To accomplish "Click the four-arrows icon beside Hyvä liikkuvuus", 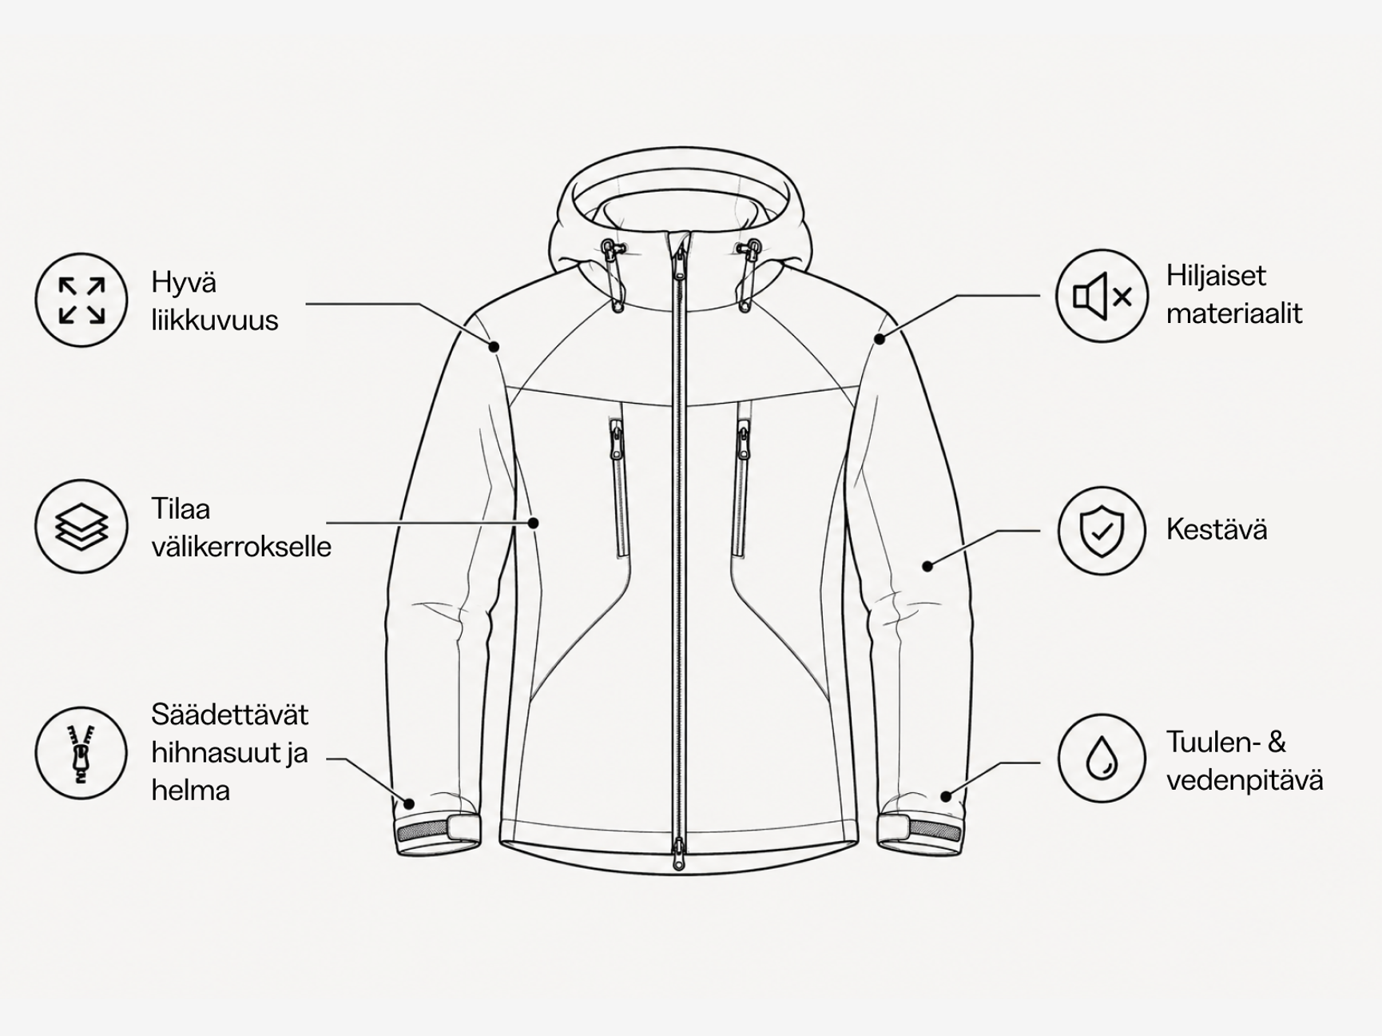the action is [x=81, y=300].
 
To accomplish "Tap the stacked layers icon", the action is [x=81, y=526].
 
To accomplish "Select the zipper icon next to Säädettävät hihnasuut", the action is [x=81, y=753].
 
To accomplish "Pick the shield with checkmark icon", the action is [x=1102, y=530].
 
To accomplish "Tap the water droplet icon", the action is [x=1102, y=758].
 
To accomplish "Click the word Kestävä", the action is [x=1217, y=529].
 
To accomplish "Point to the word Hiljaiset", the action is [x=1216, y=276].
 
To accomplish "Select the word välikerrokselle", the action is [x=241, y=547].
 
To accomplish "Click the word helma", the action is [x=191, y=791].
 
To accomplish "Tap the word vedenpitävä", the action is [x=1245, y=781].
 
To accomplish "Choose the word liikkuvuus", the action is [x=215, y=321].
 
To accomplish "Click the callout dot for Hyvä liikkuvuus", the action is [x=494, y=346].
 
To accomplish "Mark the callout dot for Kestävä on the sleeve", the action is [x=927, y=566].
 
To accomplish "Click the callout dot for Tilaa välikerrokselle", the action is [x=534, y=523].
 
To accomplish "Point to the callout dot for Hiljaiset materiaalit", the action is [x=880, y=339].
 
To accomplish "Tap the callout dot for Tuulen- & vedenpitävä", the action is [x=946, y=796].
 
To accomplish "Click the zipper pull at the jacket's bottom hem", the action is [x=678, y=854].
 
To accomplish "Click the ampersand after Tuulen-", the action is [x=1277, y=743].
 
